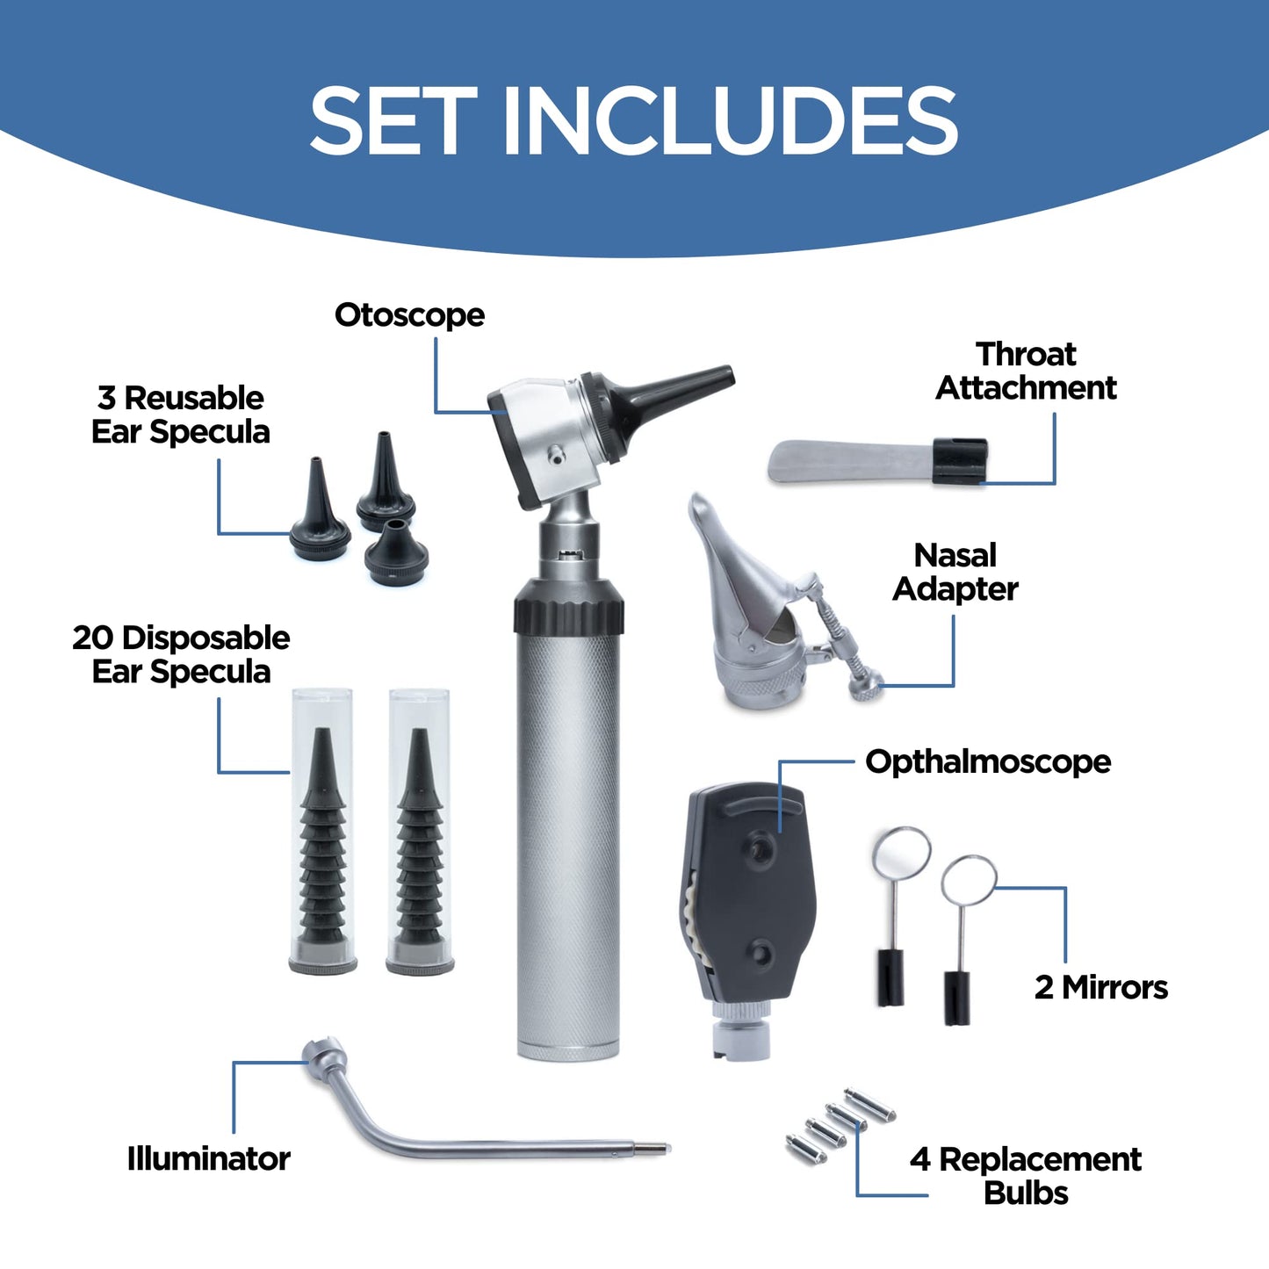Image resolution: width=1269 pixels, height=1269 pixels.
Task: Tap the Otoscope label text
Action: tap(409, 315)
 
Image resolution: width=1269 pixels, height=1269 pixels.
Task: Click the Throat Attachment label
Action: tap(1026, 371)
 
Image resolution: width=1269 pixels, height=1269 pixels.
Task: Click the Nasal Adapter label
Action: tap(955, 573)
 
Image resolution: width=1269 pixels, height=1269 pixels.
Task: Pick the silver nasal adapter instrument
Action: tap(755, 615)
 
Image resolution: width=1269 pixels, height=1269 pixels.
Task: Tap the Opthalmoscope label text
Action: tap(988, 761)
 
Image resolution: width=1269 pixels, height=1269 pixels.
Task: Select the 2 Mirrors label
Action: tap(1101, 987)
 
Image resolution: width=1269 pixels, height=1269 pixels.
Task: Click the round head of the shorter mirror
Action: tap(969, 881)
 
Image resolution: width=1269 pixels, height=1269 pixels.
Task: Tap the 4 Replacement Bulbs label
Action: tap(1026, 1176)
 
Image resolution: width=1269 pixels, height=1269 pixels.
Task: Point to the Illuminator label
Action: tap(209, 1158)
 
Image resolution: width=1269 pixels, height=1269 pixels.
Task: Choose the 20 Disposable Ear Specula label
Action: tap(181, 655)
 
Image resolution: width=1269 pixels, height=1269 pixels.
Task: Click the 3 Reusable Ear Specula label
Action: tap(181, 415)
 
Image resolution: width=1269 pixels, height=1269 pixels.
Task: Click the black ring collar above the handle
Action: tap(569, 606)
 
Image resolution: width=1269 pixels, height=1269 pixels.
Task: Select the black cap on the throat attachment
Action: tap(959, 461)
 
